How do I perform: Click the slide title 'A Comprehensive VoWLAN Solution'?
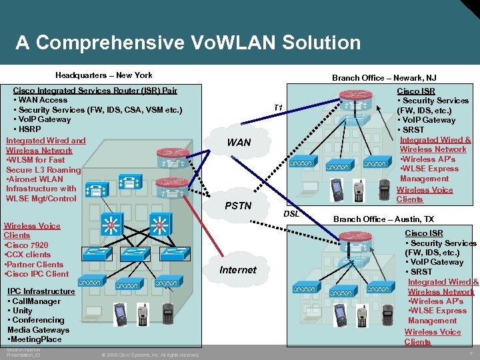188,43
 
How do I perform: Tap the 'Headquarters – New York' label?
103,75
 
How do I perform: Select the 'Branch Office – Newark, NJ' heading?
384,78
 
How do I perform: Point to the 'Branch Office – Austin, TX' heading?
383,219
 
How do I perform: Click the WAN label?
239,142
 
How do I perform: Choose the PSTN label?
238,206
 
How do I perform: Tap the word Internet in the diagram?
237,269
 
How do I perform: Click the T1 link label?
279,108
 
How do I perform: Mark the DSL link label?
291,214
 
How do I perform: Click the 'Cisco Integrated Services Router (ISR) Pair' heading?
95,91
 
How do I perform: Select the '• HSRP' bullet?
27,129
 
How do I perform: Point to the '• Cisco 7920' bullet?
27,245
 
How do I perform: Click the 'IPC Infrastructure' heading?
41,291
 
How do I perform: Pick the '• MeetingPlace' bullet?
34,339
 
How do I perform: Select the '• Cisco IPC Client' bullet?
37,274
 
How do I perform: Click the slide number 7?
471,353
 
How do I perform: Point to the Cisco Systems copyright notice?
150,355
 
